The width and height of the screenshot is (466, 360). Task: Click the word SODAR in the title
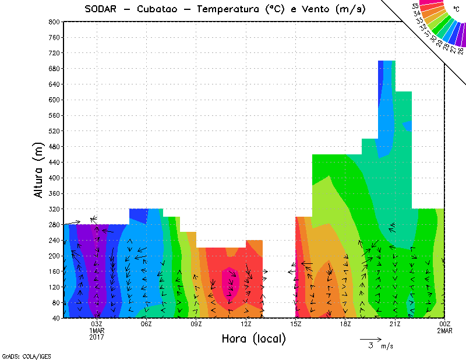(105, 9)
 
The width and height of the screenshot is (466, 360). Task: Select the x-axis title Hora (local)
(253, 338)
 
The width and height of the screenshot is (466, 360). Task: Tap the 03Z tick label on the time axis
(97, 324)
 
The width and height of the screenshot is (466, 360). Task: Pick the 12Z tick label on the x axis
(246, 324)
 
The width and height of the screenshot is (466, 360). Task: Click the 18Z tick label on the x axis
(345, 324)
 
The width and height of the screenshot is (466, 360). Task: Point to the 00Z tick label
(444, 324)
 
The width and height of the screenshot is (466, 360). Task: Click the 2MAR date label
(444, 330)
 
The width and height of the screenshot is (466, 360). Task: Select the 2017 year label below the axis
(97, 337)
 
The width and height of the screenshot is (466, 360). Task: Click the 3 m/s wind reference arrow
(370, 339)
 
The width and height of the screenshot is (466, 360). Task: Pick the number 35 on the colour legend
(415, 6)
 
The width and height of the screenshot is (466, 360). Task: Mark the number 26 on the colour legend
(460, 51)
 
